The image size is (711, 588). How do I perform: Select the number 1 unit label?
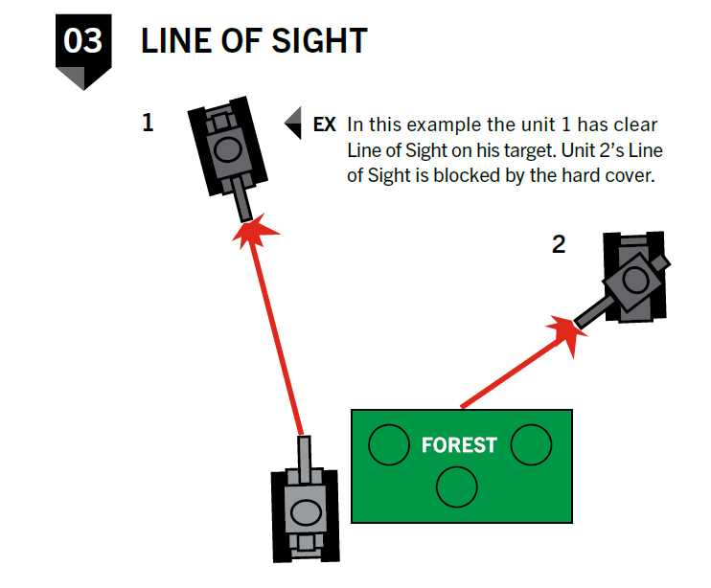148,123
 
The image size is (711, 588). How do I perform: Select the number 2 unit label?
559,244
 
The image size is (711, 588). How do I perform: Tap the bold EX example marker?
324,125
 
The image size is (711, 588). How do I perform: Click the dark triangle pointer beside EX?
294,124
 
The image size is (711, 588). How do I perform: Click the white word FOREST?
459,445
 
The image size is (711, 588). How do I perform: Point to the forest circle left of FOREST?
388,444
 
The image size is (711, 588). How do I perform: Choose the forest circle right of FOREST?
531,444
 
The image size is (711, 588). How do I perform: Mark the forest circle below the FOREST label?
457,486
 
